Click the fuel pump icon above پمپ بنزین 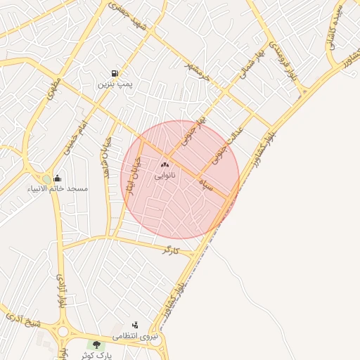pos(114,73)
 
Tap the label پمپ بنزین pos(115,84)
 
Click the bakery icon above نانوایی pos(165,164)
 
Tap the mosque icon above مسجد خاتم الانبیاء pos(57,178)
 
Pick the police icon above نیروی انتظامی pos(134,326)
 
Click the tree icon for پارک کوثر pos(96,345)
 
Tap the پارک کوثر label pos(96,356)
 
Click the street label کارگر pos(171,250)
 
